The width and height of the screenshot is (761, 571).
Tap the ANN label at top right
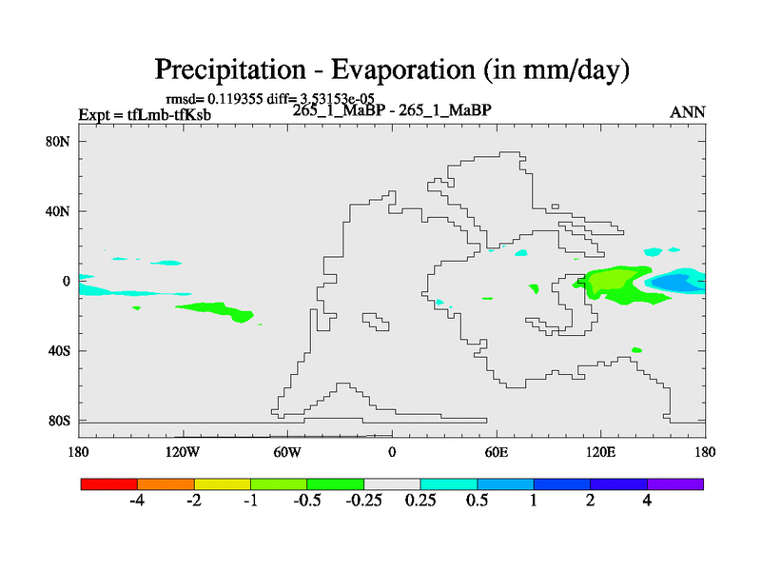click(688, 111)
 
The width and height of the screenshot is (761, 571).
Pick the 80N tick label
click(59, 142)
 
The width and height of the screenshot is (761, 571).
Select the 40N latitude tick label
click(59, 211)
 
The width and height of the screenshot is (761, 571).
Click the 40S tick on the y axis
click(59, 350)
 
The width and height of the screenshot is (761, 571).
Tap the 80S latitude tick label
click(59, 420)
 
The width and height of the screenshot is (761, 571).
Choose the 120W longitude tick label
click(182, 450)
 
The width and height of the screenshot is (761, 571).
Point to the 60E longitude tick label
click(497, 450)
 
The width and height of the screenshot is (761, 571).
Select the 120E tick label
click(601, 450)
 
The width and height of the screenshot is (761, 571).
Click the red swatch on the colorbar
click(109, 483)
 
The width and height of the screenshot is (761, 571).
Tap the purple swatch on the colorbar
click(675, 483)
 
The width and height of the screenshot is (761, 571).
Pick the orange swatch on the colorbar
click(166, 483)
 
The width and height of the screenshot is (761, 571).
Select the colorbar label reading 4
click(648, 502)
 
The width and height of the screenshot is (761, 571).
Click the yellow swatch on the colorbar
click(223, 483)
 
